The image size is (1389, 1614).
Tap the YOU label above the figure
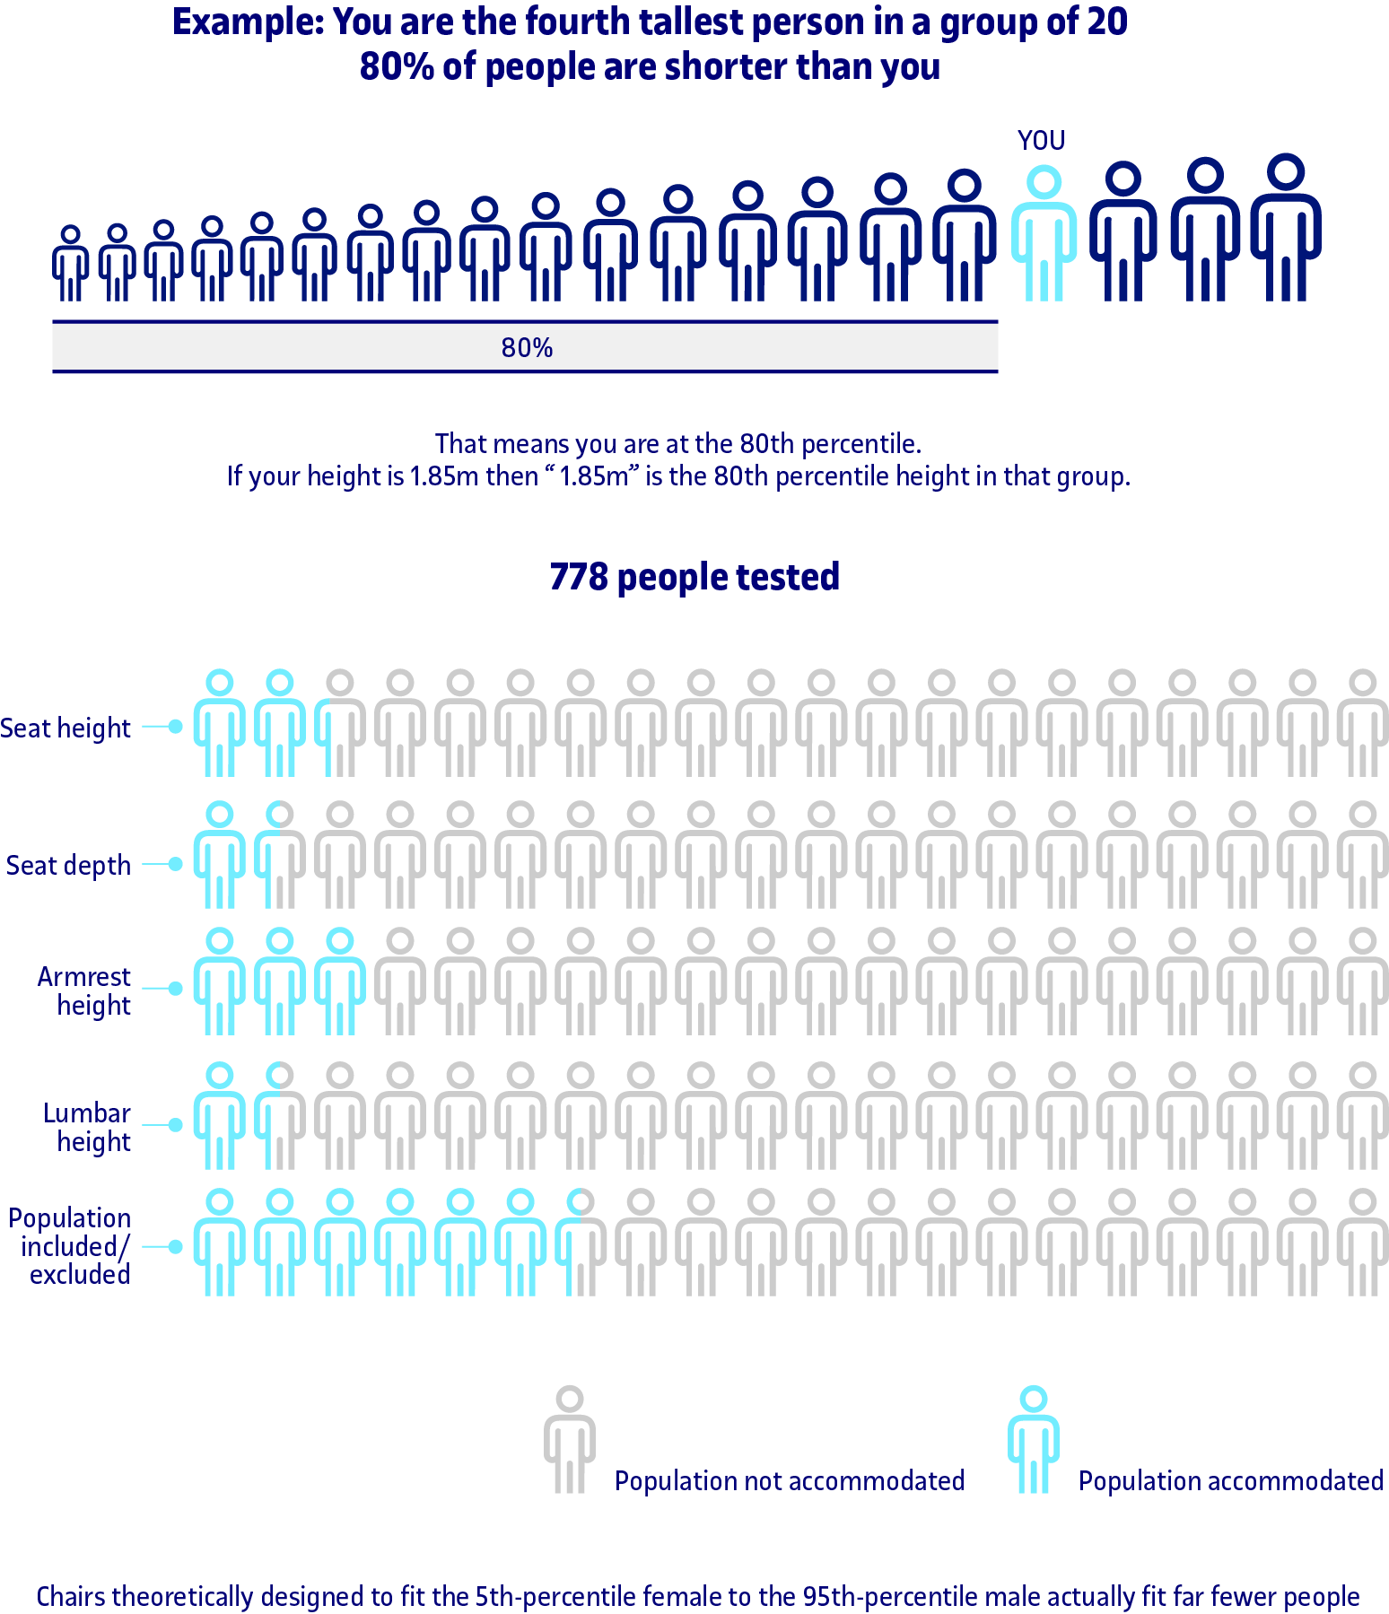point(1041,141)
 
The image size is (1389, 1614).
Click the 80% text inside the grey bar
point(527,348)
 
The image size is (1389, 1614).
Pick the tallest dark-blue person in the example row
point(1287,228)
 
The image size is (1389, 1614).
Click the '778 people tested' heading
point(694,577)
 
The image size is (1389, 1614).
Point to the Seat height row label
point(66,728)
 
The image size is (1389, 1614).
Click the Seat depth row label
point(68,865)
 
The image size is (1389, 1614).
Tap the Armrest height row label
point(84,990)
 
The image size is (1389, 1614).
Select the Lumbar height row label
point(87,1127)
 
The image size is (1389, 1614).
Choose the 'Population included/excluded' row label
point(70,1246)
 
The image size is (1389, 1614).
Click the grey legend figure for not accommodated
point(569,1439)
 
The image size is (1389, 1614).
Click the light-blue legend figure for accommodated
point(1033,1439)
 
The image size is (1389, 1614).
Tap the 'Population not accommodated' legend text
point(789,1480)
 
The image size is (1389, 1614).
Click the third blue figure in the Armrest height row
point(340,982)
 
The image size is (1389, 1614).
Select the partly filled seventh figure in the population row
point(581,1243)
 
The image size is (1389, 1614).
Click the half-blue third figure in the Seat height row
point(340,723)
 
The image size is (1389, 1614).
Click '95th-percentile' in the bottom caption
point(890,1597)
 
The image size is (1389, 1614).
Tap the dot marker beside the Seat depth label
point(176,864)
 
